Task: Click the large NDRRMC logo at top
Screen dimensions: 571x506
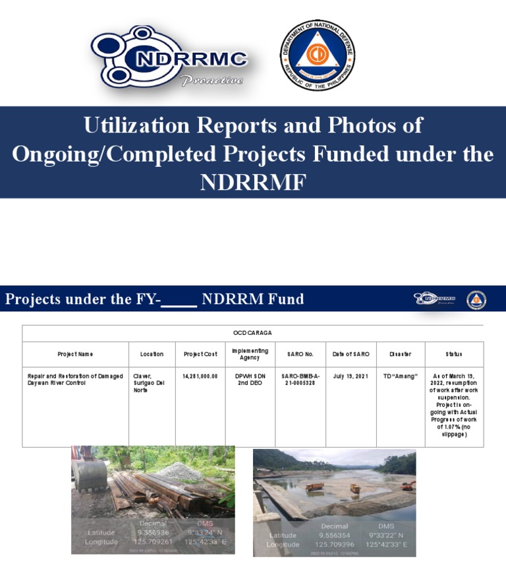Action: pos(169,58)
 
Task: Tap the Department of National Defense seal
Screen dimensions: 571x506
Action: pos(317,55)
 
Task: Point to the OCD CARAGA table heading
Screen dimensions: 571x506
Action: pos(252,333)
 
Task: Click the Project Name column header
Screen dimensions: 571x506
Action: pos(76,354)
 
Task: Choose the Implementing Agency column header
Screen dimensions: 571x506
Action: pos(250,354)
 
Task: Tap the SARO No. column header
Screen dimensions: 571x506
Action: pos(300,354)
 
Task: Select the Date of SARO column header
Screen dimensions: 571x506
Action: pos(351,354)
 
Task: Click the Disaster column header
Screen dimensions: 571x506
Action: pos(400,354)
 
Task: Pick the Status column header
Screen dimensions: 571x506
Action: pos(454,354)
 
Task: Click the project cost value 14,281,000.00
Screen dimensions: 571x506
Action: pos(200,376)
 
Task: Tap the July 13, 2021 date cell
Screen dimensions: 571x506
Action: pos(351,376)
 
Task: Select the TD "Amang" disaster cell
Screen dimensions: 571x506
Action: pos(400,376)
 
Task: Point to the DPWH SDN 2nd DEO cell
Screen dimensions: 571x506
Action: pos(250,379)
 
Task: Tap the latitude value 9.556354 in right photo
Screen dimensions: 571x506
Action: pos(335,535)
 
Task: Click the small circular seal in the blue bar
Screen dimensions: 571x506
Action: pos(476,300)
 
